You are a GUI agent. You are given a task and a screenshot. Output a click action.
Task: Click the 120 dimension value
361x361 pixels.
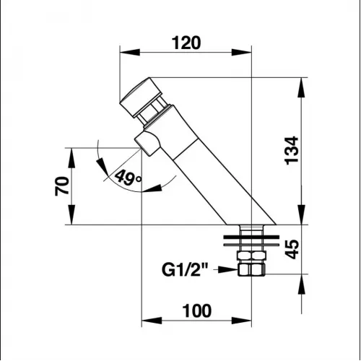186,43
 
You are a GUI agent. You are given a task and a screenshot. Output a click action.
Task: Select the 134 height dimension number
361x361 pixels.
292,151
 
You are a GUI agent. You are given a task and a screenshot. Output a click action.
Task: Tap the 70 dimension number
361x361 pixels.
62,186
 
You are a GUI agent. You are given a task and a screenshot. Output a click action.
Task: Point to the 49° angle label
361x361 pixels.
128,178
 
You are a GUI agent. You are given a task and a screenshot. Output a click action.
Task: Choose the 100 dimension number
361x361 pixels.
197,310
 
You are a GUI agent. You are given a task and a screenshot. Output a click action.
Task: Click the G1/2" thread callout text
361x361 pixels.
185,270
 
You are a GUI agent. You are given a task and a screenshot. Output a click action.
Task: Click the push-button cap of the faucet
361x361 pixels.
141,97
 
